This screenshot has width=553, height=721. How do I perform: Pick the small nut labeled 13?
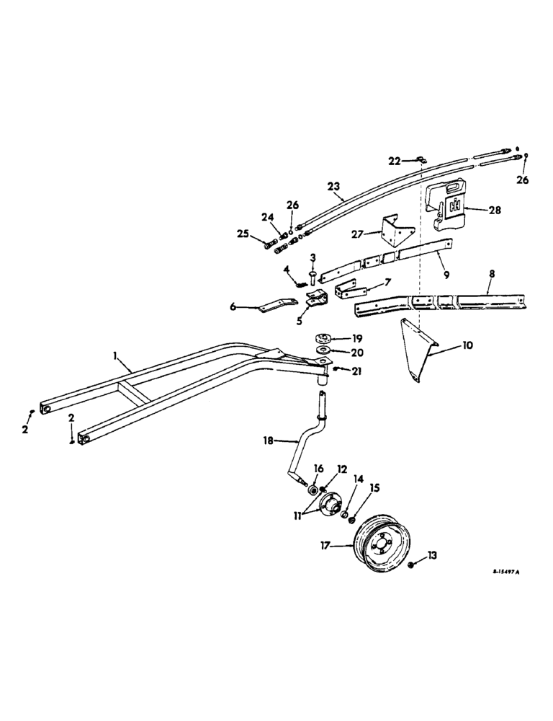tap(410, 565)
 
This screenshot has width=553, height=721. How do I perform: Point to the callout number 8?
tap(493, 275)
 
